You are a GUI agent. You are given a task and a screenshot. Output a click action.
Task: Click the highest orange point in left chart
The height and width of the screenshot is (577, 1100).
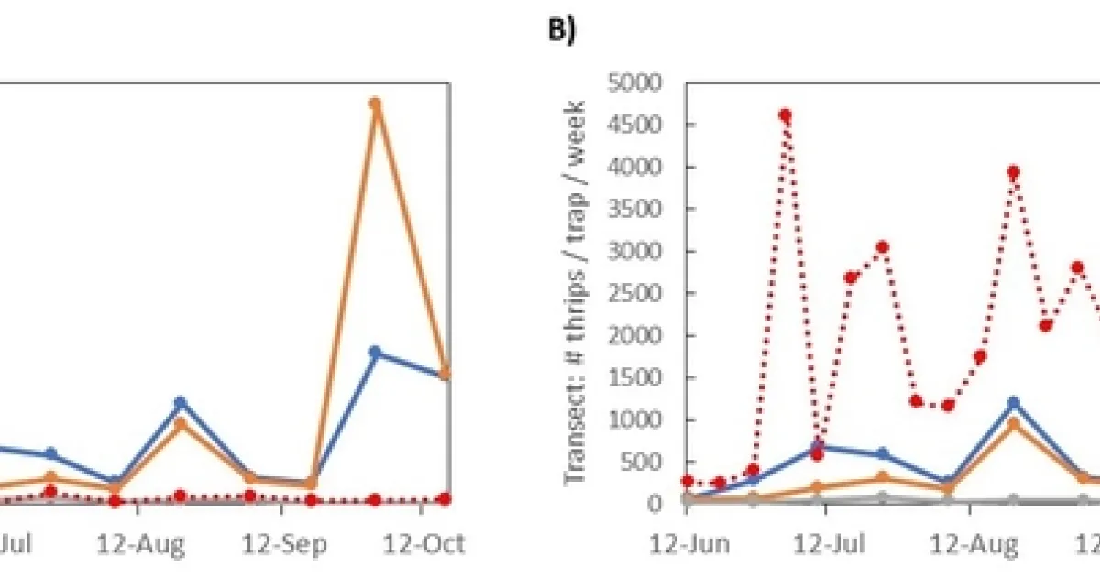(375, 103)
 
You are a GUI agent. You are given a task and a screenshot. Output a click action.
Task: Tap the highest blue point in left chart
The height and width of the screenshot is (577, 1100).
(375, 352)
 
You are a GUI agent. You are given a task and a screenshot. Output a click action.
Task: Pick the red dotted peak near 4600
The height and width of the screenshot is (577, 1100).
(785, 115)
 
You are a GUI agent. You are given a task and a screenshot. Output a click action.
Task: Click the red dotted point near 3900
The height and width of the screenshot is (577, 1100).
(1013, 172)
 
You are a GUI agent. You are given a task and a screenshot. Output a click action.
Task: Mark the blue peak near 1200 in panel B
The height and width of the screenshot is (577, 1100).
(1013, 403)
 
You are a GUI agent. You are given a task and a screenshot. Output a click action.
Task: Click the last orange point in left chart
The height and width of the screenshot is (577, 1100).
(446, 374)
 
